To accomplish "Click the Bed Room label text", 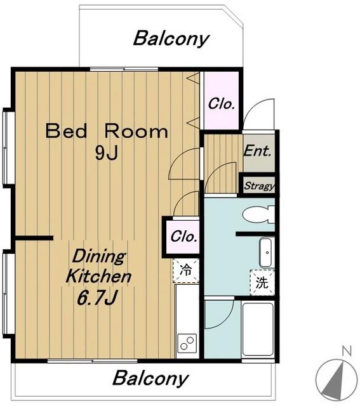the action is (x=107, y=131).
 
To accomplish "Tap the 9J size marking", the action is (x=107, y=153).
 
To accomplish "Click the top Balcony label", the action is (x=171, y=39).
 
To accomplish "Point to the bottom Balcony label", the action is (x=150, y=378).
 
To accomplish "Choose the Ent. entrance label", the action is (x=258, y=151).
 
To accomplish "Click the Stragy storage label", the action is (x=259, y=186).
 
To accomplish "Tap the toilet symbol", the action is (x=258, y=214).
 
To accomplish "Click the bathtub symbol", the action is (x=258, y=329).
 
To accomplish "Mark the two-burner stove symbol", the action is (x=187, y=343).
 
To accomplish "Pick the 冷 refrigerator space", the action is (x=186, y=270).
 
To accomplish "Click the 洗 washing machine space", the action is (x=262, y=282).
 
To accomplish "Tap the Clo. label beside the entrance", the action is (x=222, y=104).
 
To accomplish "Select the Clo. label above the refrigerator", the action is (x=183, y=237).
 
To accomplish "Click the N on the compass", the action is (x=347, y=351).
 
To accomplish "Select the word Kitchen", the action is (x=98, y=276).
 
